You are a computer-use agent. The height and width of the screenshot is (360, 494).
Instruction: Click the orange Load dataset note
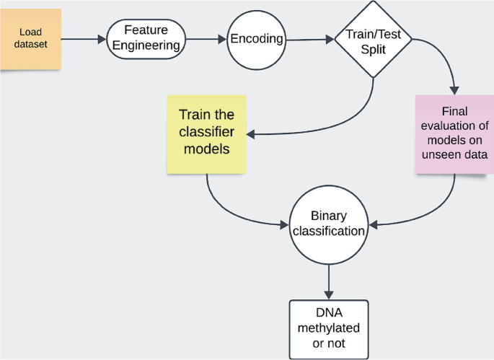30,39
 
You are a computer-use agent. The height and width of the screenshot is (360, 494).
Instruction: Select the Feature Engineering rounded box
146,39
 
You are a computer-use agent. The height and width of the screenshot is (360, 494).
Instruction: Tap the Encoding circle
257,40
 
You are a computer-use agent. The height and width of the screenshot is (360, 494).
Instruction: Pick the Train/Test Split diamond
373,40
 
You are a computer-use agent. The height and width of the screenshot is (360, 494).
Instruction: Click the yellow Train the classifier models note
207,134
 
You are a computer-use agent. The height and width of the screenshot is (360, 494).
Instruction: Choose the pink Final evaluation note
454,134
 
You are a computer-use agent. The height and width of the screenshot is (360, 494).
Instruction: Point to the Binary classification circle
329,225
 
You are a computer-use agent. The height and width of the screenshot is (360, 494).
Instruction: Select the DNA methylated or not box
329,330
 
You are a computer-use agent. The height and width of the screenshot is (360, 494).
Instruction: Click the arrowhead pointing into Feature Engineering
102,40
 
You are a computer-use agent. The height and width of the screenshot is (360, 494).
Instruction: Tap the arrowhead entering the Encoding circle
222,40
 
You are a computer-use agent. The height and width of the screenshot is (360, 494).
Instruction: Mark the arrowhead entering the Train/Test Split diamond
330,40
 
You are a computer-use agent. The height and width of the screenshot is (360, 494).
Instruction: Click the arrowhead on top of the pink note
454,90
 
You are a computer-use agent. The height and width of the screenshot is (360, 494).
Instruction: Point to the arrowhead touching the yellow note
251,135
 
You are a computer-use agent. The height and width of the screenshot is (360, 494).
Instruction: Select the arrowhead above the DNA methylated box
329,295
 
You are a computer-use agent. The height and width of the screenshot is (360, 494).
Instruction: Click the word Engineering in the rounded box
146,45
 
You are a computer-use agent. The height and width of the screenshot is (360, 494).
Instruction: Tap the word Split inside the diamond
374,50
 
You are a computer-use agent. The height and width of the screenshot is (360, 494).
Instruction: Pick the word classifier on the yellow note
207,132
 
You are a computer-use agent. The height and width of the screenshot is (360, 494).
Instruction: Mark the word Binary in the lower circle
329,216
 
